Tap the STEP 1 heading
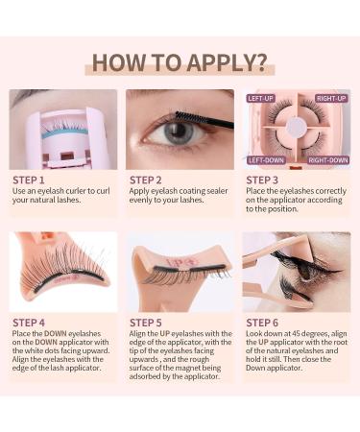click(29, 180)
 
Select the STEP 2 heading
click(148, 180)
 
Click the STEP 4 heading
click(29, 323)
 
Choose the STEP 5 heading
click(148, 323)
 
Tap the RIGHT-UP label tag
click(330, 99)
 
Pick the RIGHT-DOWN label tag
click(328, 160)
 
